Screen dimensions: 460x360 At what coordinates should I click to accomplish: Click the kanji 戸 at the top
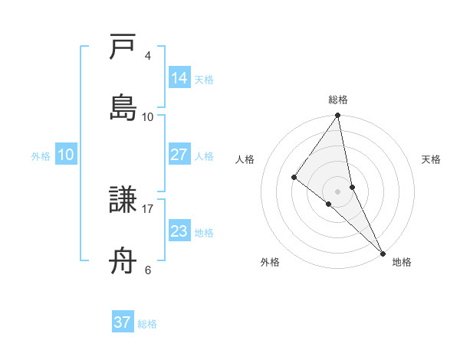pos(123,48)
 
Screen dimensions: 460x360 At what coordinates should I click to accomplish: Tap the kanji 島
pos(123,108)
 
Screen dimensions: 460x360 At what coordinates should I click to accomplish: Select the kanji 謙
pos(123,201)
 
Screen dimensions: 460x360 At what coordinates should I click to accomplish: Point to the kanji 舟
pos(123,261)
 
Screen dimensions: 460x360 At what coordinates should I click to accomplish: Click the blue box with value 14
pos(179,78)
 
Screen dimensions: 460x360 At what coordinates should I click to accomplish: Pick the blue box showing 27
pos(179,155)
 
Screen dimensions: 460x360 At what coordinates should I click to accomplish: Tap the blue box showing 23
pos(179,231)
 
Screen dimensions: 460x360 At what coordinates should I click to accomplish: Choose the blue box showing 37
pos(123,322)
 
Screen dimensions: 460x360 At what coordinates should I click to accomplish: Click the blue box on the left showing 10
pos(66,155)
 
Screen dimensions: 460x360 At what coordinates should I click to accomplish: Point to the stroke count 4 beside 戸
pos(148,56)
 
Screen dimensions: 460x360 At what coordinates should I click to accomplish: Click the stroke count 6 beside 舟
pos(148,270)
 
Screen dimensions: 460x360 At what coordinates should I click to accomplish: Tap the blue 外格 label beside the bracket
pos(41,156)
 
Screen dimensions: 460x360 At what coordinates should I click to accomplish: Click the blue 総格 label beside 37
pos(147,324)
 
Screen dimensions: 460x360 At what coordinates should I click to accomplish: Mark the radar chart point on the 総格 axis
pos(338,116)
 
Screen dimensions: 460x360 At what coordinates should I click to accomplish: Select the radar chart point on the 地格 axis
pos(383,252)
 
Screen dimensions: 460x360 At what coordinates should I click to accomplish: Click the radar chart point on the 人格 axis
pos(294,177)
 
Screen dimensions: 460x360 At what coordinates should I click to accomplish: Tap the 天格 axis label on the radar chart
pos(431,159)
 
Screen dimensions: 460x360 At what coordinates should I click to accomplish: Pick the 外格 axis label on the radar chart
pos(270,263)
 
